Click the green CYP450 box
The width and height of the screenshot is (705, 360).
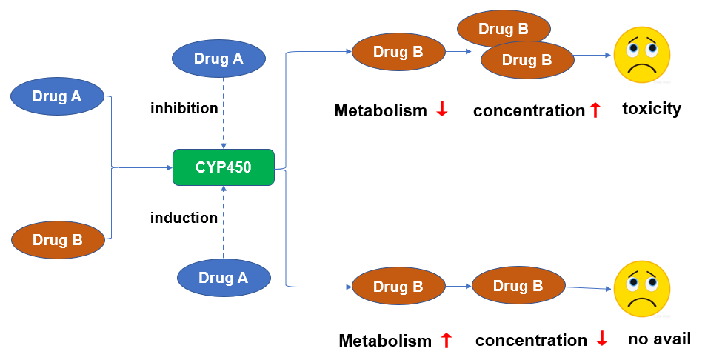(x=223, y=167)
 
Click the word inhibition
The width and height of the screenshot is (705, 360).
(x=184, y=109)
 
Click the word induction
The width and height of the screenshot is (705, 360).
(x=184, y=218)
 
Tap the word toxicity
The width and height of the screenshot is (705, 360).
(x=651, y=109)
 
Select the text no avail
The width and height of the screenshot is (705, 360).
(x=659, y=339)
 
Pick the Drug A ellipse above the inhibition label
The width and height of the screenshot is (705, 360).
(x=218, y=59)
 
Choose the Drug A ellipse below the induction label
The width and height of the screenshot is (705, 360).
(x=224, y=278)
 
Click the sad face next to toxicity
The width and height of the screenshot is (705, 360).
(x=642, y=56)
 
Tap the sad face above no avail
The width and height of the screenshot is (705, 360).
(x=642, y=288)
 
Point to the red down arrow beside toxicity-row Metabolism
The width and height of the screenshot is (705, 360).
(x=442, y=110)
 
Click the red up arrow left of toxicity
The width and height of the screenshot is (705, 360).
(x=595, y=110)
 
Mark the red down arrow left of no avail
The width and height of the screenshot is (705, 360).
(x=601, y=339)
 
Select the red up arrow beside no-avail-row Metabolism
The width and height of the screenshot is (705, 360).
(x=446, y=340)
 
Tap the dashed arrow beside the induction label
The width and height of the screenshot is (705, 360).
(x=224, y=222)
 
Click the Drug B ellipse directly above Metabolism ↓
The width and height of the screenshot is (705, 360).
(x=398, y=53)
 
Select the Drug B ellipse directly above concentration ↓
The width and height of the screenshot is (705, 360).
(x=518, y=286)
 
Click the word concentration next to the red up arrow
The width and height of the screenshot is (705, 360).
(x=529, y=111)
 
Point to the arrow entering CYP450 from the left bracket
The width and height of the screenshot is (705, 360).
(x=144, y=167)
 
